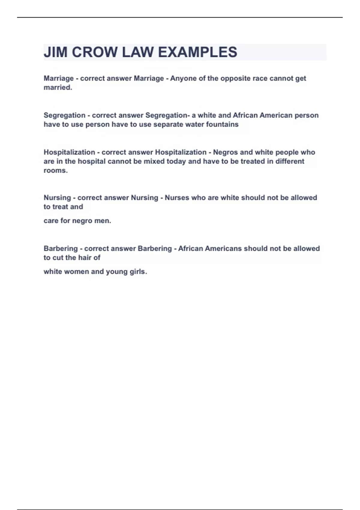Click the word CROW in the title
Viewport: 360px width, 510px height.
[95, 52]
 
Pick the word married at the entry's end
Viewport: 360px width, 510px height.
[57, 87]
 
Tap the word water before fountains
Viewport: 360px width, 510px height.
[194, 124]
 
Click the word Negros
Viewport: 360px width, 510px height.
[225, 152]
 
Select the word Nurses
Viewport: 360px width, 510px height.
[177, 198]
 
